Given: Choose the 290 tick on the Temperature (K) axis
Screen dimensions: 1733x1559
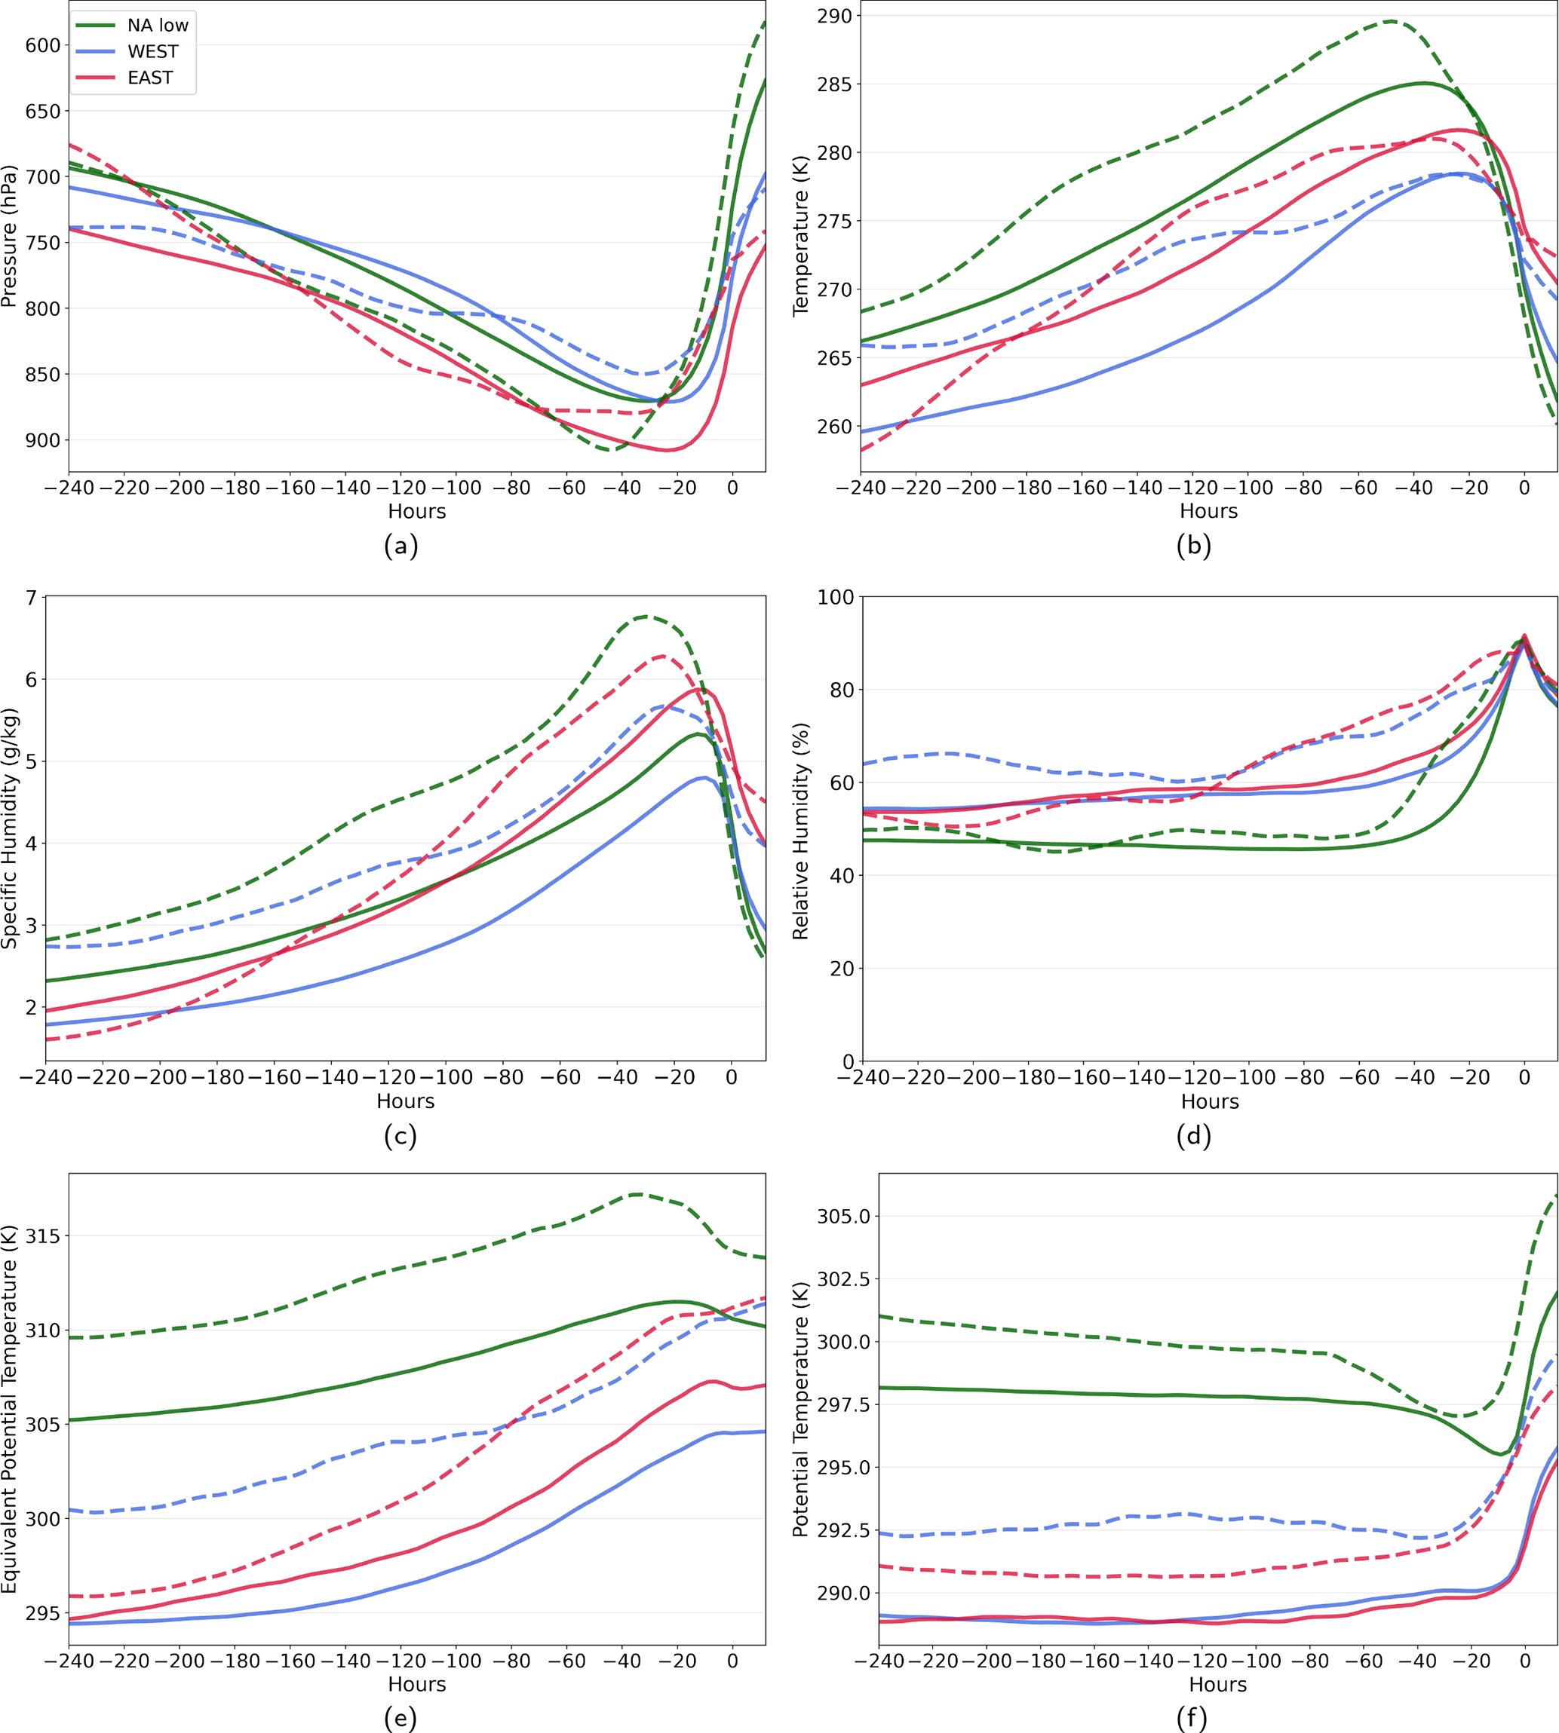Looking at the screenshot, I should (833, 17).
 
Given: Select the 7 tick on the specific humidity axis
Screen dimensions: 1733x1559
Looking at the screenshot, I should (32, 598).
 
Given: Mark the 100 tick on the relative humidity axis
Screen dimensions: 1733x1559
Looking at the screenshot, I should (836, 598).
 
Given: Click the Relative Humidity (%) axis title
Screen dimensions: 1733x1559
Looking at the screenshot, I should (801, 829).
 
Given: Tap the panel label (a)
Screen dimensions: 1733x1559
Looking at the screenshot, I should (401, 546).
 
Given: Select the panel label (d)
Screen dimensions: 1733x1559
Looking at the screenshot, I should (1193, 1135).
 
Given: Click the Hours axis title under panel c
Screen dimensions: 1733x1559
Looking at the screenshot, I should (405, 1101).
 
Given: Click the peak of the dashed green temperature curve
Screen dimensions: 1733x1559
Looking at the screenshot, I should (1391, 20).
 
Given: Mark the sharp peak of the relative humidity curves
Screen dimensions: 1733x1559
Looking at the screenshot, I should (1524, 635).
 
